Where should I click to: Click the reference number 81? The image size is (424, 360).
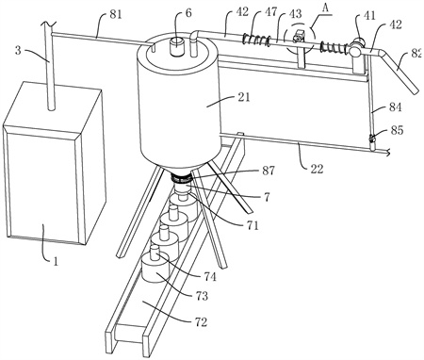115,15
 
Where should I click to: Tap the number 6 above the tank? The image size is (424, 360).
188,13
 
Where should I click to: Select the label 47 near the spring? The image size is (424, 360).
270,12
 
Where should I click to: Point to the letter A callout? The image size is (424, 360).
326,8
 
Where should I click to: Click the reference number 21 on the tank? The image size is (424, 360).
244,97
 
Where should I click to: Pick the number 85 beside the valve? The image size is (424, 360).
397,130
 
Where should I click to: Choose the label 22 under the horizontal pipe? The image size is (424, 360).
317,169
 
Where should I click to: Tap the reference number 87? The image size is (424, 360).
269,171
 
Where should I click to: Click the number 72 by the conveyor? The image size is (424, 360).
201,322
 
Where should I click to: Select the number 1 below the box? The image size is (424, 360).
56,261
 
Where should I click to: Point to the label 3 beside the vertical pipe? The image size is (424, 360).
19,50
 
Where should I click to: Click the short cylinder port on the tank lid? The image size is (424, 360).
177,46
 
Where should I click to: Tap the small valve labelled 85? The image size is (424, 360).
372,138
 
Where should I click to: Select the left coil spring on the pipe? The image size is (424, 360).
256,40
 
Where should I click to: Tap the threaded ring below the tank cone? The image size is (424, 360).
181,178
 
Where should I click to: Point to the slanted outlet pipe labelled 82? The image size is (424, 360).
400,71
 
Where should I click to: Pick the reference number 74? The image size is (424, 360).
210,276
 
